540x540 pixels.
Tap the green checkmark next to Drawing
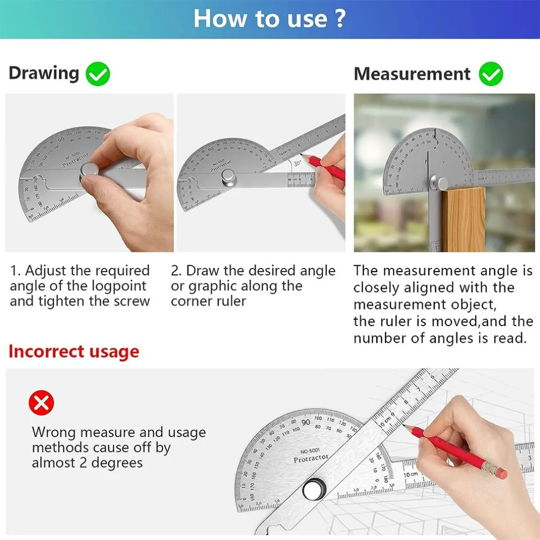click(97, 74)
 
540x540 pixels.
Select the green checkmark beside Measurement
click(490, 74)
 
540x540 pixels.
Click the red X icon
click(42, 403)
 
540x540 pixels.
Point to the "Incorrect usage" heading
click(74, 352)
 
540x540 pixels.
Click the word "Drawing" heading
click(44, 73)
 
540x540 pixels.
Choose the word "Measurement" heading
click(412, 74)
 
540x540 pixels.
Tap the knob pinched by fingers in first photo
click(89, 171)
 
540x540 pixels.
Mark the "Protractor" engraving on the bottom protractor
click(311, 459)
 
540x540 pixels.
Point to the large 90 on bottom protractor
click(305, 422)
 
